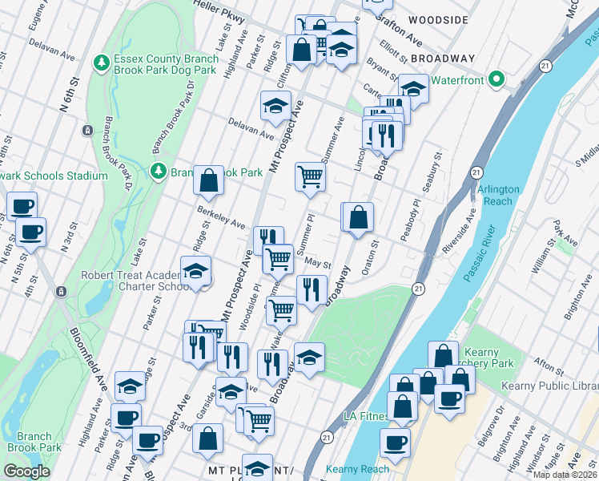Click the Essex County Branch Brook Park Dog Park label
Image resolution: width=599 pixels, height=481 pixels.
[x=166, y=64]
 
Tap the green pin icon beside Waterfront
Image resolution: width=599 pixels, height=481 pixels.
[x=496, y=80]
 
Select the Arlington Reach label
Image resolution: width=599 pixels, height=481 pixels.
[x=498, y=195]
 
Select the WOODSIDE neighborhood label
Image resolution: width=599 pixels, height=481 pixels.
[x=437, y=18]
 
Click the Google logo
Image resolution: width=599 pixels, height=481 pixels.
[x=26, y=471]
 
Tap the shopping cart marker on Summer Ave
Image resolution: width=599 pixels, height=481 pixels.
[x=310, y=176]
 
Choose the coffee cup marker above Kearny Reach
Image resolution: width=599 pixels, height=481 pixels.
[x=394, y=442]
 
